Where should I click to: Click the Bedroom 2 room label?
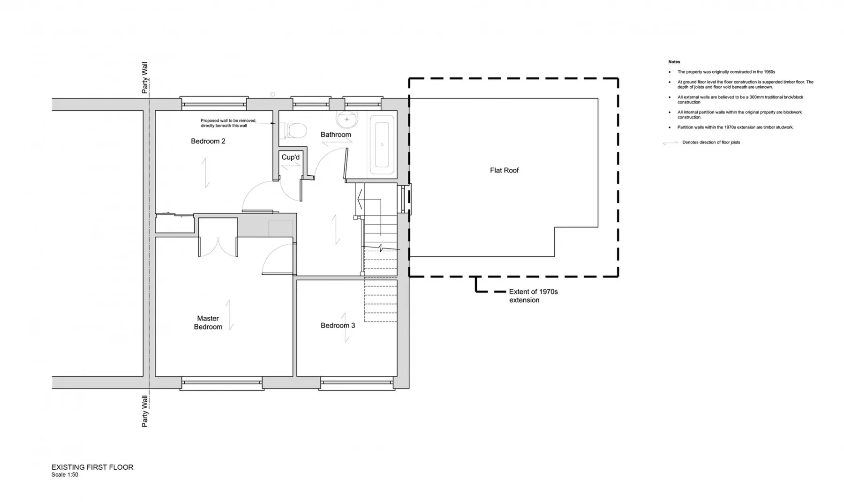(208, 141)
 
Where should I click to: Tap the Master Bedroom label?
(208, 322)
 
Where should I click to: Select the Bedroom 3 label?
(338, 325)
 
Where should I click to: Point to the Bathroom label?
(336, 135)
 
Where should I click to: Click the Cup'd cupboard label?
(290, 157)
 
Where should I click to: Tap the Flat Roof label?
(505, 170)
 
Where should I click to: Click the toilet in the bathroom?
(294, 130)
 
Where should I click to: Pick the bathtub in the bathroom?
(382, 145)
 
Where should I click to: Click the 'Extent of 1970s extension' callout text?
(534, 296)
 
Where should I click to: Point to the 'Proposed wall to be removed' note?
(228, 123)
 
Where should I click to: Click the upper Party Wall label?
(145, 78)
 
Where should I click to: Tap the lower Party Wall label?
(145, 411)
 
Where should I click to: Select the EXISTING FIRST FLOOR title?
(92, 467)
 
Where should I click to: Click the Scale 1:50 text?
(65, 475)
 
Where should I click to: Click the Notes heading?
(674, 62)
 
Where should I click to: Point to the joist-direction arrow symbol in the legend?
(670, 142)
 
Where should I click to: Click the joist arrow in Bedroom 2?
(205, 173)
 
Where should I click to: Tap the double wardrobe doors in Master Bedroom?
(218, 247)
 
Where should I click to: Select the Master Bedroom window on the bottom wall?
(222, 383)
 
